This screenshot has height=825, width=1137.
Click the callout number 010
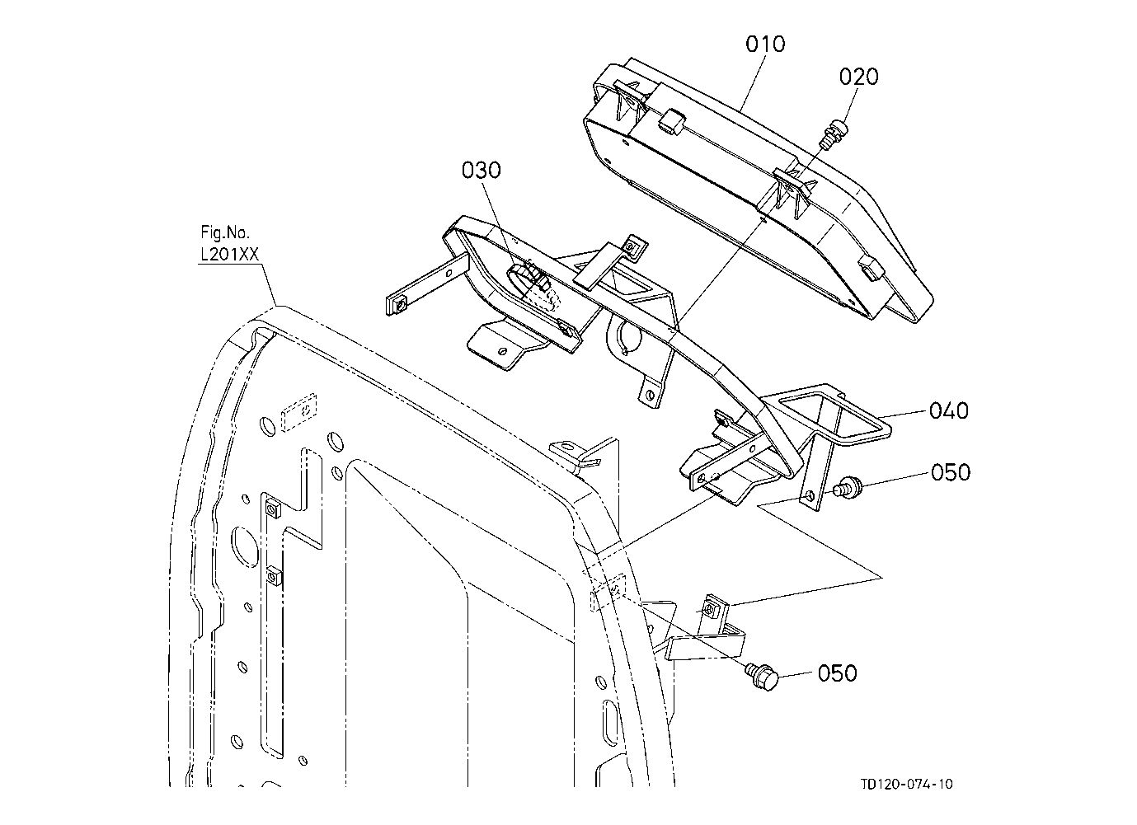click(x=765, y=45)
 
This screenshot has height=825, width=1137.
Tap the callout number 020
click(x=858, y=77)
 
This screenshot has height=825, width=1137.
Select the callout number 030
click(x=482, y=170)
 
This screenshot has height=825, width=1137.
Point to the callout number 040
click(x=949, y=410)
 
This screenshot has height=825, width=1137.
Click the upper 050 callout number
click(x=951, y=472)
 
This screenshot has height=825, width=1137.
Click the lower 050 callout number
click(x=838, y=673)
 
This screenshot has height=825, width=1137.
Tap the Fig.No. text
click(x=225, y=232)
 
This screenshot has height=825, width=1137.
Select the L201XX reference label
click(x=229, y=254)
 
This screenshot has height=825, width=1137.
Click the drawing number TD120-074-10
click(x=907, y=784)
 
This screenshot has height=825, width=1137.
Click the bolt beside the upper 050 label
click(x=846, y=488)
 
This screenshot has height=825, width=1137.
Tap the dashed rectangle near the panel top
click(x=299, y=412)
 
